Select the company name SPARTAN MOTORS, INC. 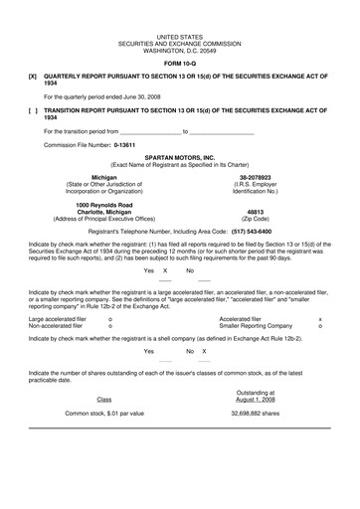click(x=180, y=157)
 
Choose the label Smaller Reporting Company click(x=256, y=324)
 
